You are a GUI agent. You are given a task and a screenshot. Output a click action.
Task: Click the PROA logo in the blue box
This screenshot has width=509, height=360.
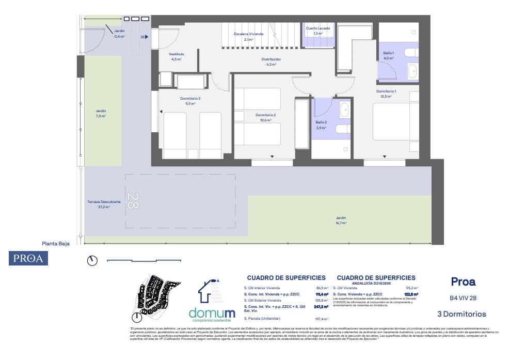point(28,258)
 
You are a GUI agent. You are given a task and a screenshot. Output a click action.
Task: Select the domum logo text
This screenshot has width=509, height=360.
point(212,313)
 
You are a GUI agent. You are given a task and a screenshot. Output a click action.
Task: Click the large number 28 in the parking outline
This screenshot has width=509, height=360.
point(133,200)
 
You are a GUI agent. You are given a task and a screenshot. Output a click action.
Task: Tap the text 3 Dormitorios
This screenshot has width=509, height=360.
point(461,314)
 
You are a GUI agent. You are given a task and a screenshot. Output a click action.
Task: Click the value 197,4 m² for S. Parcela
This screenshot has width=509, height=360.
point(321,319)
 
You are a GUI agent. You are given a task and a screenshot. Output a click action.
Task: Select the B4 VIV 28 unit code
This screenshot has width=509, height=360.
point(463,298)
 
